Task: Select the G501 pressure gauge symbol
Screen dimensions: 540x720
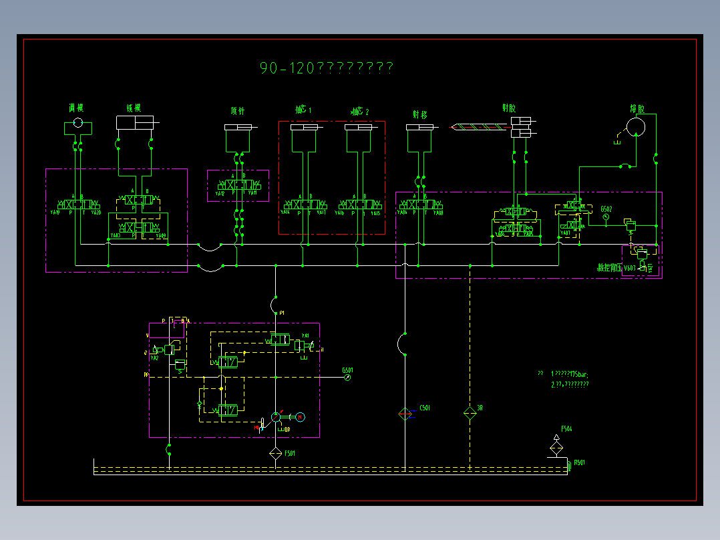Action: point(348,378)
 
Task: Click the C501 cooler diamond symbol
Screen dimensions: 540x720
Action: point(405,414)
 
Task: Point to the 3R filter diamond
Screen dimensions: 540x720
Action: point(470,414)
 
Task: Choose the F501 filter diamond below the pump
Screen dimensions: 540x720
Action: point(275,454)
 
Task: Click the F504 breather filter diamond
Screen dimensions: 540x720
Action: point(556,446)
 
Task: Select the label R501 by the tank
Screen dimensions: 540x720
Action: point(580,462)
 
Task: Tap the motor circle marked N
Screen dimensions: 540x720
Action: point(301,417)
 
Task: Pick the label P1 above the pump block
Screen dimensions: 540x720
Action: point(282,313)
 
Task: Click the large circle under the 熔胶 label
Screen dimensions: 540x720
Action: point(635,126)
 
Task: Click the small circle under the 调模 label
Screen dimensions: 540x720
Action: point(77,123)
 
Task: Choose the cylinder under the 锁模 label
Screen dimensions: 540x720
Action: point(134,122)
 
